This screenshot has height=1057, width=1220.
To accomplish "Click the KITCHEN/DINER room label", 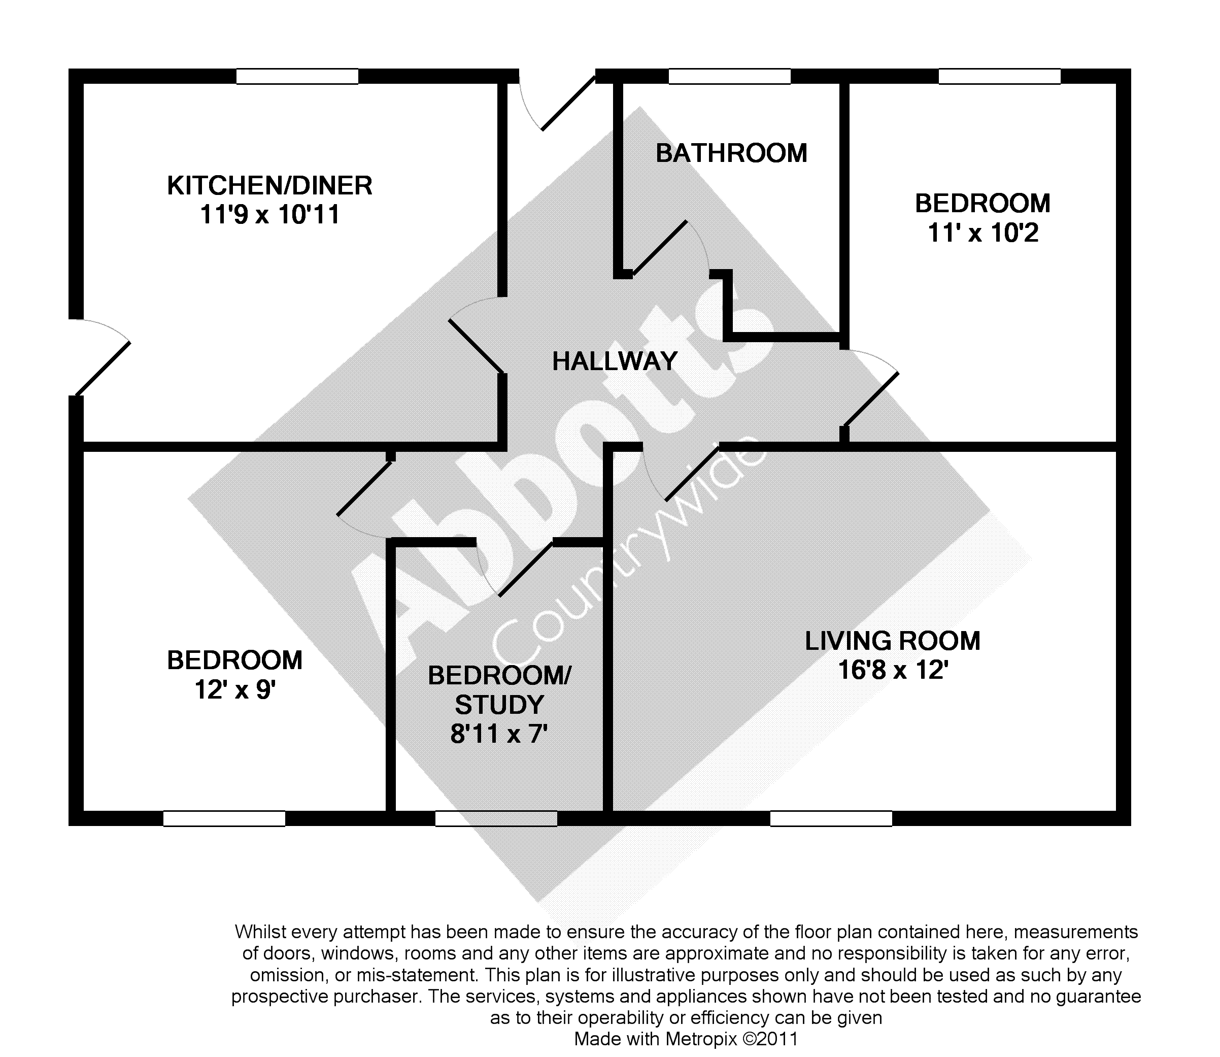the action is [269, 186].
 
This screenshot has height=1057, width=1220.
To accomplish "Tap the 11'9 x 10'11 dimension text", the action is [269, 215].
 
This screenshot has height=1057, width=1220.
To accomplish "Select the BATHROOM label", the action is [731, 153].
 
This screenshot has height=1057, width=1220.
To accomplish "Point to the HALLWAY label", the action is [615, 361].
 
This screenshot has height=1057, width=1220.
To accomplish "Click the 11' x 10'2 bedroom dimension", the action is [982, 233].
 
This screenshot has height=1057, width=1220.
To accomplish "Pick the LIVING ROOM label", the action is [892, 641].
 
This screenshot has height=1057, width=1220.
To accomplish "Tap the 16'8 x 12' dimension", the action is [892, 670].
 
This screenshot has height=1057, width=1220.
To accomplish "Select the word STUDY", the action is [499, 705].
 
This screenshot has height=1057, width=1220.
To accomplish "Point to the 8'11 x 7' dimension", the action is [499, 734].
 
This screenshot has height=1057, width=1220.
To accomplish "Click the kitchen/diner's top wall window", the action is [297, 77].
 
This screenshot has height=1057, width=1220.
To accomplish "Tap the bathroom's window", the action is [729, 77].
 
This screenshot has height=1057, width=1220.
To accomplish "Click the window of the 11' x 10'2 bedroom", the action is [999, 77].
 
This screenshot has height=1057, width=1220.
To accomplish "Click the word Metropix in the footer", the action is [701, 1039].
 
